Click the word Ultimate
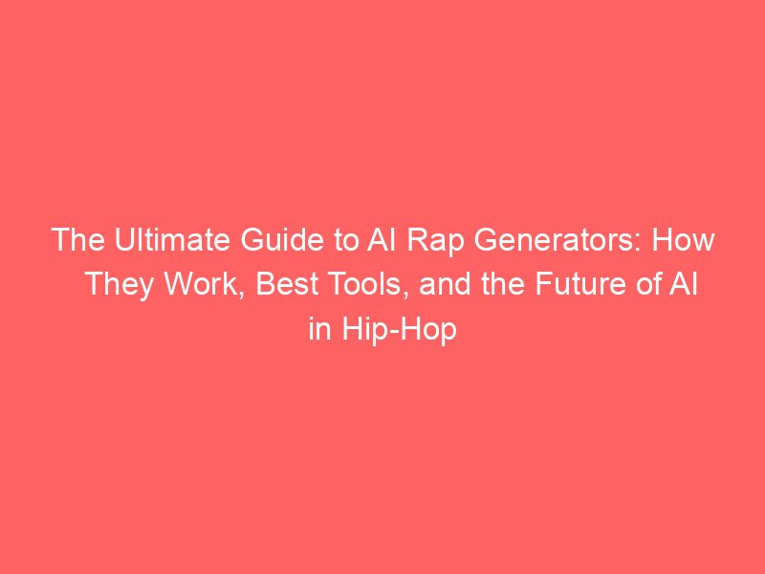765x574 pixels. [172, 240]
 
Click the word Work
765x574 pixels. [200, 284]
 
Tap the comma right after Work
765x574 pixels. [242, 295]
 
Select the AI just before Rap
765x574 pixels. [382, 240]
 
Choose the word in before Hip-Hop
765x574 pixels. [320, 328]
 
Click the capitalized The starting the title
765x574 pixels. [78, 240]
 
